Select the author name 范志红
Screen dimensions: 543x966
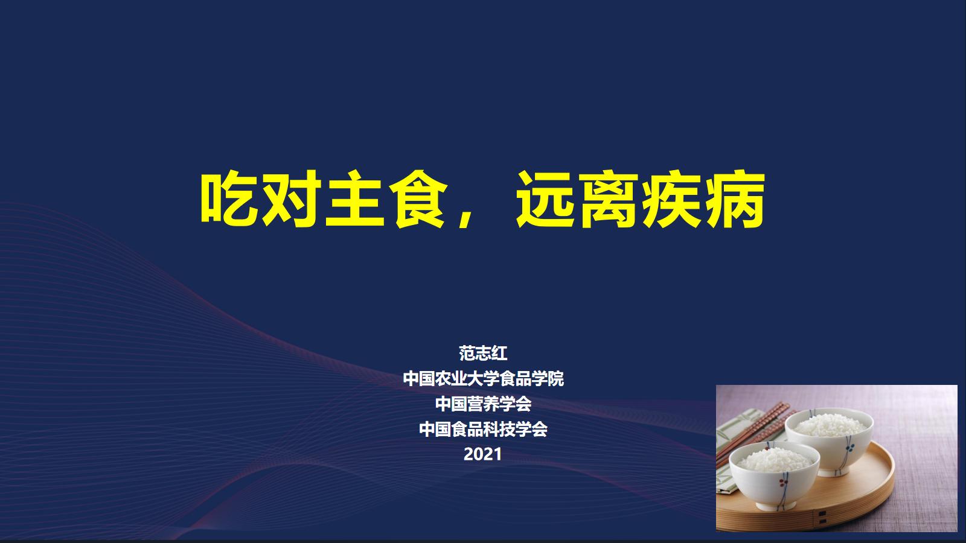(x=483, y=353)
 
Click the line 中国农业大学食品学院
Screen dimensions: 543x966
(x=483, y=379)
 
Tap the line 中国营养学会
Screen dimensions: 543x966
(x=483, y=404)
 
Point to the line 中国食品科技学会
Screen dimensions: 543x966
(x=483, y=429)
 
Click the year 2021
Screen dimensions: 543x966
(x=483, y=454)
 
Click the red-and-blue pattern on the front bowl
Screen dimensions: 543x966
(x=782, y=483)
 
